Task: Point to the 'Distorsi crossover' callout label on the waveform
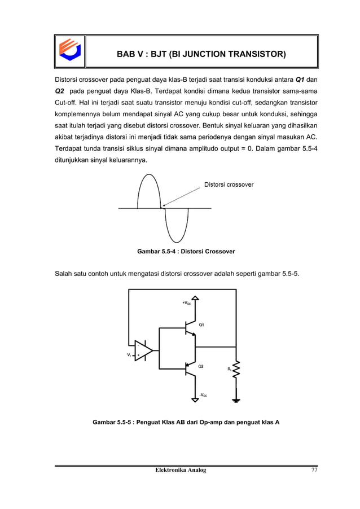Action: click(x=228, y=185)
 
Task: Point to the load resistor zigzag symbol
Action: click(x=236, y=370)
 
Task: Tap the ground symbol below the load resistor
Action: click(x=236, y=401)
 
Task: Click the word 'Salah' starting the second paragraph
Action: click(x=64, y=274)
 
